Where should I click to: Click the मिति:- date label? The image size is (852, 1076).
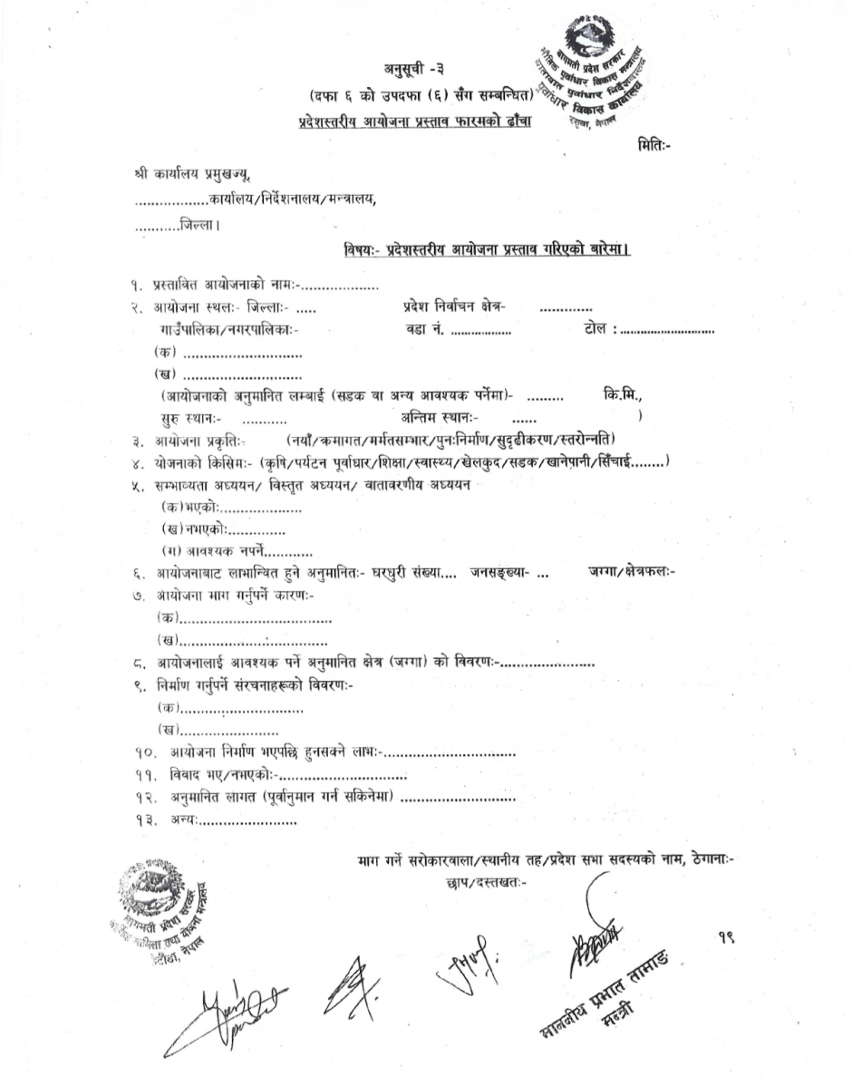click(654, 144)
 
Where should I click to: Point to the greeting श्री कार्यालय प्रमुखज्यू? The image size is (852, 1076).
click(189, 174)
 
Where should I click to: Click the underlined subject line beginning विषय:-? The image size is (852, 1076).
click(487, 249)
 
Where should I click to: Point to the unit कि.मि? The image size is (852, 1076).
click(623, 394)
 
